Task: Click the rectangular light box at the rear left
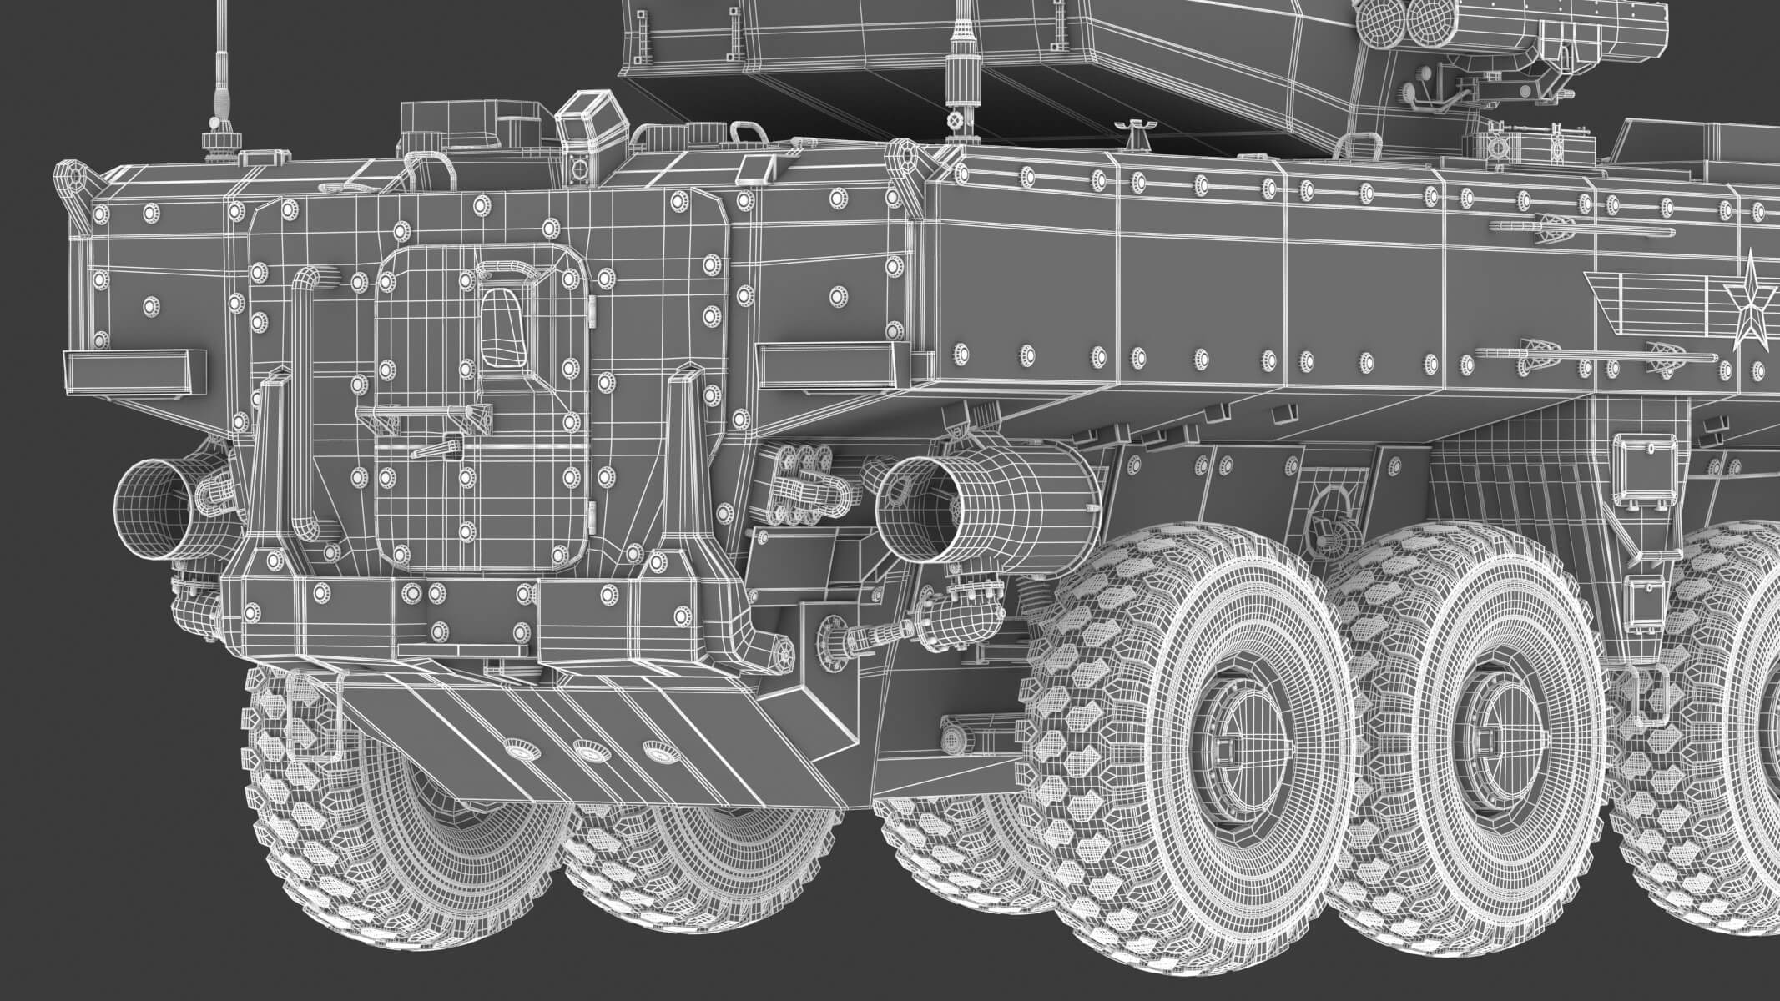tap(135, 369)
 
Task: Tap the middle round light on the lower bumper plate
tap(590, 753)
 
